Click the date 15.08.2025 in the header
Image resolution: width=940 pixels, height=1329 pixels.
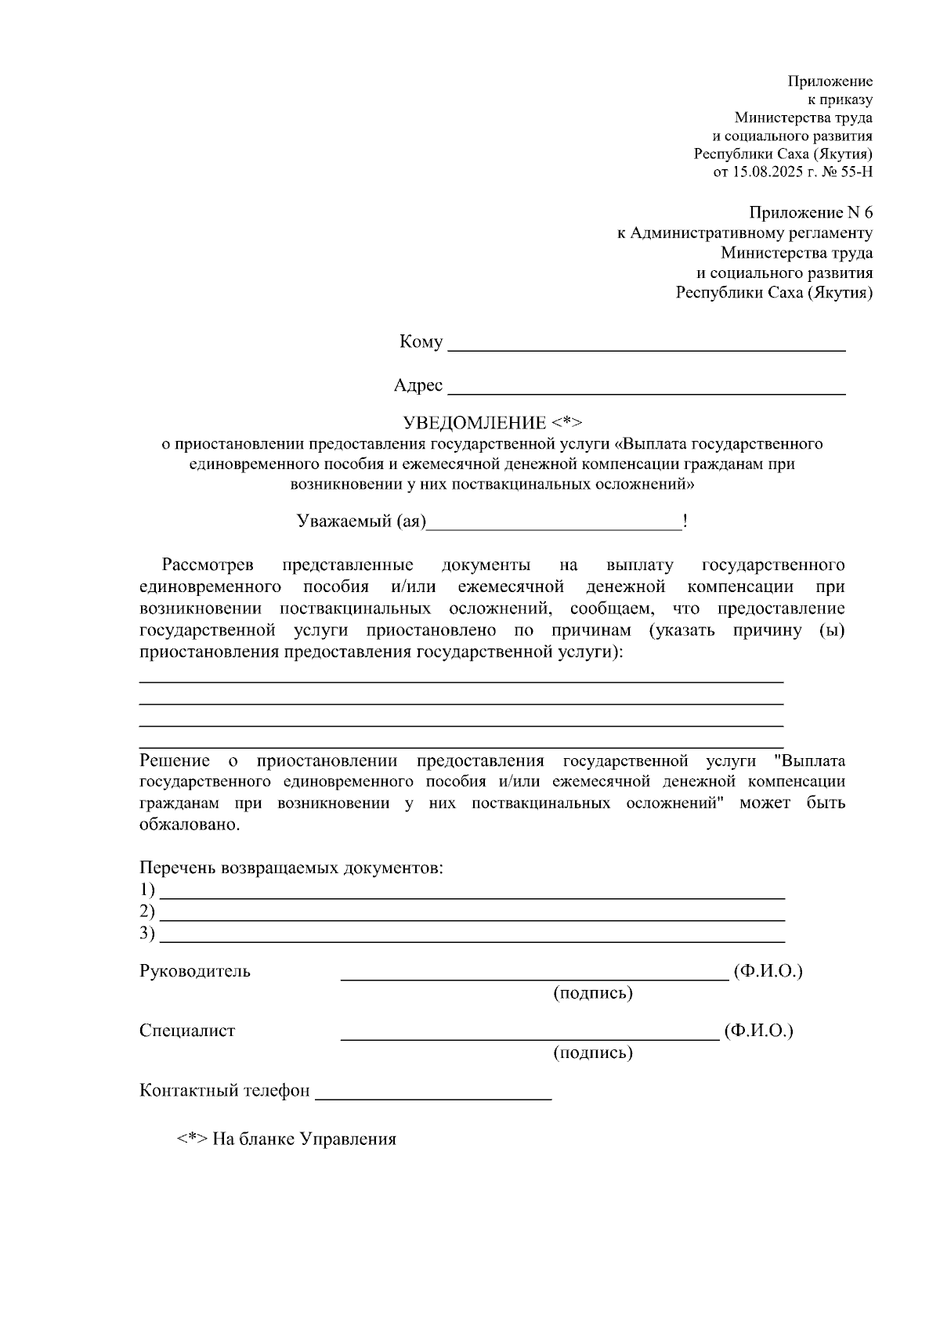tap(765, 172)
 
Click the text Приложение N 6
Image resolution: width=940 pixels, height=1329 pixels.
tap(810, 213)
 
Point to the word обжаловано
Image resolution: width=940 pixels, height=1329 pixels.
tap(189, 825)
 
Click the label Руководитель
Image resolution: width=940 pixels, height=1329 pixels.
tap(195, 972)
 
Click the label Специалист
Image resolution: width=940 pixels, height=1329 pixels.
tap(187, 1031)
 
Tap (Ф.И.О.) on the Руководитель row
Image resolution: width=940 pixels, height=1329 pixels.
tap(768, 972)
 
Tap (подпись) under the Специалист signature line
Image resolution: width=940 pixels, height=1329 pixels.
tap(593, 1053)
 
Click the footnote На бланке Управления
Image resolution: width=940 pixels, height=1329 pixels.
tap(304, 1139)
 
